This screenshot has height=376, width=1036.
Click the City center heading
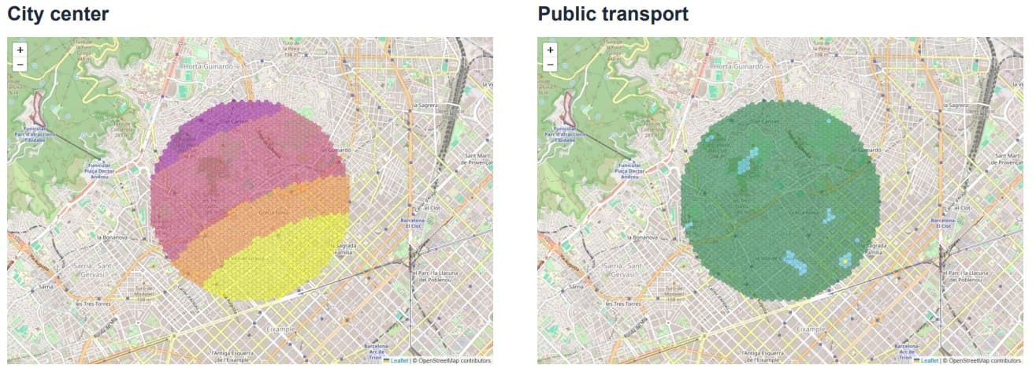(x=58, y=13)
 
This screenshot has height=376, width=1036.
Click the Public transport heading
(x=613, y=13)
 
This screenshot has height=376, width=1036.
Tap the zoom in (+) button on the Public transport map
(x=550, y=50)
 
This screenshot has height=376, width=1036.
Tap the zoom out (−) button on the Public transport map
(x=550, y=64)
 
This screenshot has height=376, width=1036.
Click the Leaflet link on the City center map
(x=399, y=360)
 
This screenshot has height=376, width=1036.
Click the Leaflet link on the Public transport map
(x=929, y=360)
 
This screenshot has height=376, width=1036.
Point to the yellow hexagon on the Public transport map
(x=845, y=259)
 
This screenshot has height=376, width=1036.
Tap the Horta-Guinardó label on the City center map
(x=209, y=67)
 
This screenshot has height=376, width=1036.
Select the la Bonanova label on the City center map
(x=113, y=236)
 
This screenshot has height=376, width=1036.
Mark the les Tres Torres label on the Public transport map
(x=621, y=303)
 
